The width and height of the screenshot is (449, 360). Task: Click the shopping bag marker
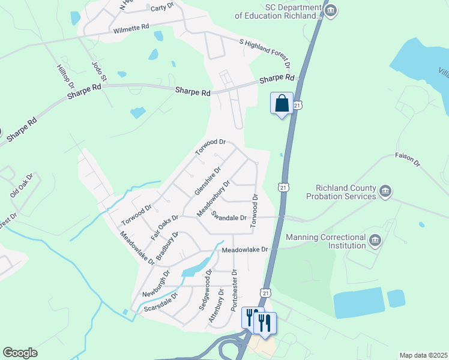(282, 103)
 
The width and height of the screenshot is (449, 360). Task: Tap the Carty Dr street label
(162, 7)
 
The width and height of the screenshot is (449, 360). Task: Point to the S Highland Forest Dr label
(265, 53)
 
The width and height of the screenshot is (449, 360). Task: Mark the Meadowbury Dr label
(214, 199)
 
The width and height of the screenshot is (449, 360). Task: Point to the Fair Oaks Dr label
(165, 226)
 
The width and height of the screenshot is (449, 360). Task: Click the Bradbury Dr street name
(167, 246)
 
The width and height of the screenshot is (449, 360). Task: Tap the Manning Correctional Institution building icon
(375, 241)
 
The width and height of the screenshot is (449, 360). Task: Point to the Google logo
(20, 353)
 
